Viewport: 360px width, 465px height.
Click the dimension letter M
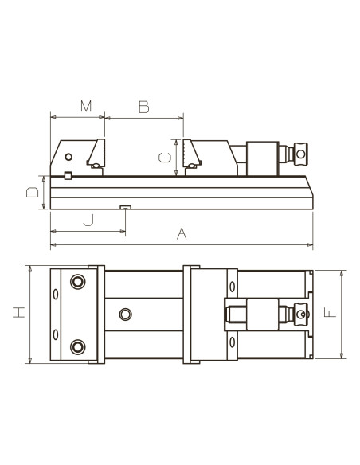(86, 106)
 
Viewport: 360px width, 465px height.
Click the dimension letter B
(144, 107)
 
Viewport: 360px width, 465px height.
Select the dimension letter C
(165, 158)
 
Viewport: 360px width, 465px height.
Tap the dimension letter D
(33, 192)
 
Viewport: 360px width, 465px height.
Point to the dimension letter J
(88, 221)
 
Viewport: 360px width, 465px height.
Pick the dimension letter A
(182, 234)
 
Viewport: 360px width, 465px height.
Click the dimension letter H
(19, 313)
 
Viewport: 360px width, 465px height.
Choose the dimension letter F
(330, 313)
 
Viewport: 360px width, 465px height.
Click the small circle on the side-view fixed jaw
(68, 157)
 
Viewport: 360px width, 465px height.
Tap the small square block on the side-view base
(68, 175)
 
